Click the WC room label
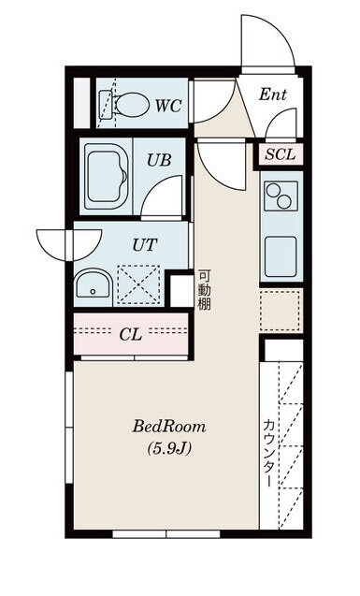(x=168, y=106)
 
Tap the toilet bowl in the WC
(x=132, y=105)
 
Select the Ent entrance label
(x=273, y=94)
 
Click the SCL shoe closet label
(x=281, y=154)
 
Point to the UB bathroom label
(x=159, y=160)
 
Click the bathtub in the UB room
(x=106, y=176)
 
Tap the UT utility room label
(x=145, y=245)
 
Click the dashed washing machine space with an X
(x=138, y=284)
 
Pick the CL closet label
(x=131, y=335)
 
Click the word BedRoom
(x=169, y=426)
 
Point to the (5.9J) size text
(x=169, y=448)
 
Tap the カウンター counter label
(x=268, y=453)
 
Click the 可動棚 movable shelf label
(x=204, y=290)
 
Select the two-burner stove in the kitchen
(x=281, y=196)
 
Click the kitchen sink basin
(x=281, y=256)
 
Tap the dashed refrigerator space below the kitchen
(x=281, y=311)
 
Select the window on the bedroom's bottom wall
(x=166, y=534)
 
